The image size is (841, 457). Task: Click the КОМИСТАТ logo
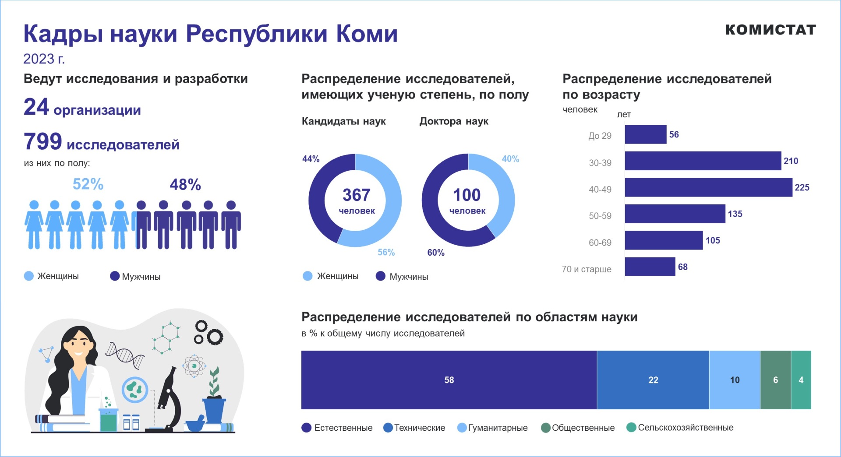point(770,30)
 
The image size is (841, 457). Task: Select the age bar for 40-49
point(708,187)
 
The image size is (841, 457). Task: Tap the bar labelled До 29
point(645,134)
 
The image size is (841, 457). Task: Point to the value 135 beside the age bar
point(735,214)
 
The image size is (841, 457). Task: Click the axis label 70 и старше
point(587,269)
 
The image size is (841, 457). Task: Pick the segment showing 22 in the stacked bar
point(653,380)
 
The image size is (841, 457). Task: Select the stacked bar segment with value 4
point(801,380)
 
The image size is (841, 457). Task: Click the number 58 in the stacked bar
point(449,380)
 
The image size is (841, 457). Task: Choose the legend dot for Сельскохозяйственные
point(631,427)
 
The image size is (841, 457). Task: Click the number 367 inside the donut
point(356,195)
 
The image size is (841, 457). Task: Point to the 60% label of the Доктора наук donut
point(436,253)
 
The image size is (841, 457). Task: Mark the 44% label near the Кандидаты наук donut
point(311,159)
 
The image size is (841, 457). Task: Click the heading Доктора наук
point(454,121)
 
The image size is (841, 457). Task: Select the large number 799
point(43,141)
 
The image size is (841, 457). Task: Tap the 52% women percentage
point(88,184)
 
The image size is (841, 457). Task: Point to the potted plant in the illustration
point(214,398)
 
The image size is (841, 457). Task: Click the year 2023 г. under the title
point(44,59)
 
